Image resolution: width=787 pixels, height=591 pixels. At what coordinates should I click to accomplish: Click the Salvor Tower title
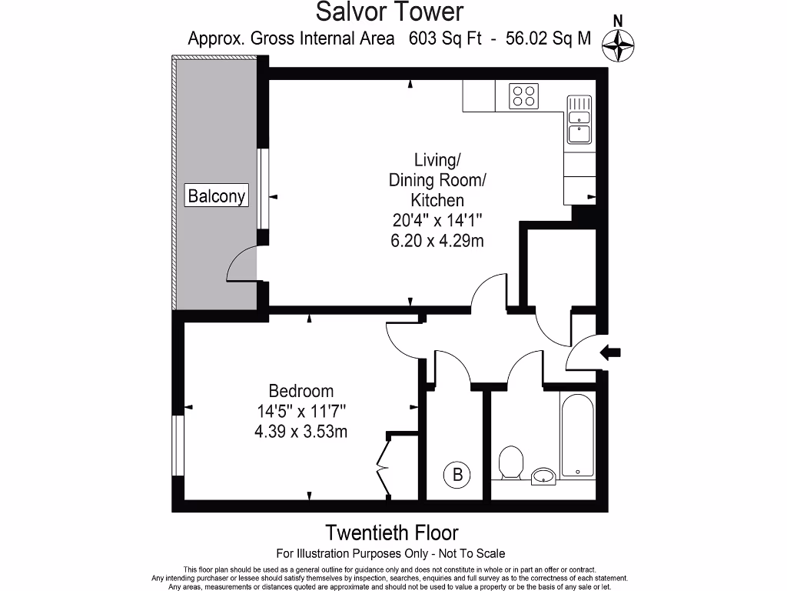pos(390,12)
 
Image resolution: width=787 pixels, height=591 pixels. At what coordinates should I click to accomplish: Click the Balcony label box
pos(217,196)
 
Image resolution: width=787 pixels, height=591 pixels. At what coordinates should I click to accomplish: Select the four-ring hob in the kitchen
pos(524,96)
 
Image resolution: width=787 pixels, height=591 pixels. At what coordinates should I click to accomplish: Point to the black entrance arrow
pos(611,353)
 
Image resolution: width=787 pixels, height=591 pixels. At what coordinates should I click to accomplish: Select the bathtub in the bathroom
pos(576,436)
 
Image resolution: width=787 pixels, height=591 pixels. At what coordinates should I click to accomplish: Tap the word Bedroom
pos(301,391)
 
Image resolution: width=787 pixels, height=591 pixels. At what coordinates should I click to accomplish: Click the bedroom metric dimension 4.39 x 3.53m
pos(301,432)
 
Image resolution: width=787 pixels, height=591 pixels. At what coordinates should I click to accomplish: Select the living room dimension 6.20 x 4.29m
pos(437,240)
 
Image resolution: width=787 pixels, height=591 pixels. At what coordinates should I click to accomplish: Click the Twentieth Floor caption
pos(392,533)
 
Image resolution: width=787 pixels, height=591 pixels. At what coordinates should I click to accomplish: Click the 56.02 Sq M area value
pos(548,38)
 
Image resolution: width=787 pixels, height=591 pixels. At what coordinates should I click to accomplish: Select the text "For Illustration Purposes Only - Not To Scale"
pos(390,553)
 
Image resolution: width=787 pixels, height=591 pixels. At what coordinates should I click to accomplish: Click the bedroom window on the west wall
pos(176,446)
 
